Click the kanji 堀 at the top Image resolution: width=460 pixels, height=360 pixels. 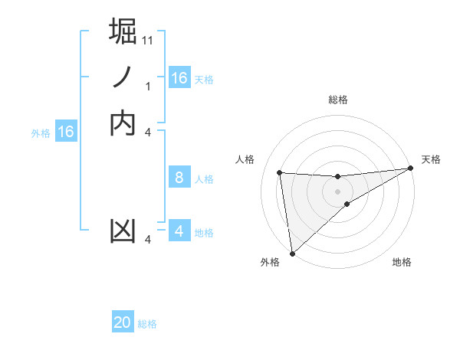pos(123,32)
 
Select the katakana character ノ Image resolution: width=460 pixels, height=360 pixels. pos(123,77)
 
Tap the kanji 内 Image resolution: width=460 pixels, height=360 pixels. pos(123,123)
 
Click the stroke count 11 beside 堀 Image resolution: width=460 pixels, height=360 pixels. pos(148,40)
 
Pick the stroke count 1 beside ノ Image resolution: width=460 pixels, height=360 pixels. pos(148,86)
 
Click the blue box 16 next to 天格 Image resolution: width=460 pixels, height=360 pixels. pos(179,78)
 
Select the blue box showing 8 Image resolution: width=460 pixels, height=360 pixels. pos(179,178)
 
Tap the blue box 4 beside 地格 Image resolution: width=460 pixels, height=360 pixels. pos(179,231)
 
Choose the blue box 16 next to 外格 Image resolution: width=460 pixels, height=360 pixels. pos(66,132)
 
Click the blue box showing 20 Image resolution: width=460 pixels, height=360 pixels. pos(123,323)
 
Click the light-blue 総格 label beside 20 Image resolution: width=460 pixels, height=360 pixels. pos(147,324)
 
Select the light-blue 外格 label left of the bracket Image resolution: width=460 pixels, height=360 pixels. pos(41,133)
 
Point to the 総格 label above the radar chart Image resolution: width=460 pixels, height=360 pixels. pos(338,100)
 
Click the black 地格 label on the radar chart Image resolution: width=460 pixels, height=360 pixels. pos(402,263)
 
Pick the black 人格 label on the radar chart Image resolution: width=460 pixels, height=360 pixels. pos(245,159)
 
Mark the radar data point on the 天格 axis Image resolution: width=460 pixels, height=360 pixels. pos(410,169)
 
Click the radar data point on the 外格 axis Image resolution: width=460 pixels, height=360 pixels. pos(292,254)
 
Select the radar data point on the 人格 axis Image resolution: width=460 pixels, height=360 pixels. pos(280,173)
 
